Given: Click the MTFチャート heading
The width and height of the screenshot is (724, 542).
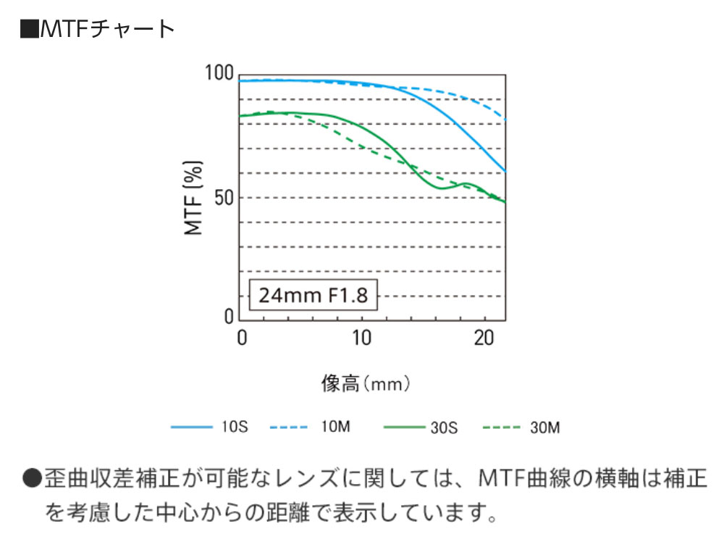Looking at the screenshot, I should tap(106, 28).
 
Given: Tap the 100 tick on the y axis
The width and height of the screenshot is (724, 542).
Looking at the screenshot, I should tap(219, 73).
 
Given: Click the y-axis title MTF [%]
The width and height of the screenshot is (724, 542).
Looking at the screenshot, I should tap(193, 196).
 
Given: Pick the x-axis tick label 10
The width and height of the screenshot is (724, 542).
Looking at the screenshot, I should tap(361, 338).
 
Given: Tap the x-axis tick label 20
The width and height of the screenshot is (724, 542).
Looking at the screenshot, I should tap(482, 338).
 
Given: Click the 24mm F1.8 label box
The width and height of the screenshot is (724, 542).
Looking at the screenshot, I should tap(313, 296).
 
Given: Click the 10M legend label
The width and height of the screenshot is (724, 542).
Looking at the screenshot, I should tap(335, 428).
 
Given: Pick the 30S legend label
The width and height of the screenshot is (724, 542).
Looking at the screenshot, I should tap(444, 428).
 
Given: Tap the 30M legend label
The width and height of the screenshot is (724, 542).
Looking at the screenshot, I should tap(545, 428).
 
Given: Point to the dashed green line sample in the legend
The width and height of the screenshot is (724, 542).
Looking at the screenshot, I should tap(500, 428).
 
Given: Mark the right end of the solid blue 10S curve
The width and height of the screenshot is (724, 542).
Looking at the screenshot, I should tap(505, 171).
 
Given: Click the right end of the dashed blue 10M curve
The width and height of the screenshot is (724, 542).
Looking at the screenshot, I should tap(505, 118).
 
